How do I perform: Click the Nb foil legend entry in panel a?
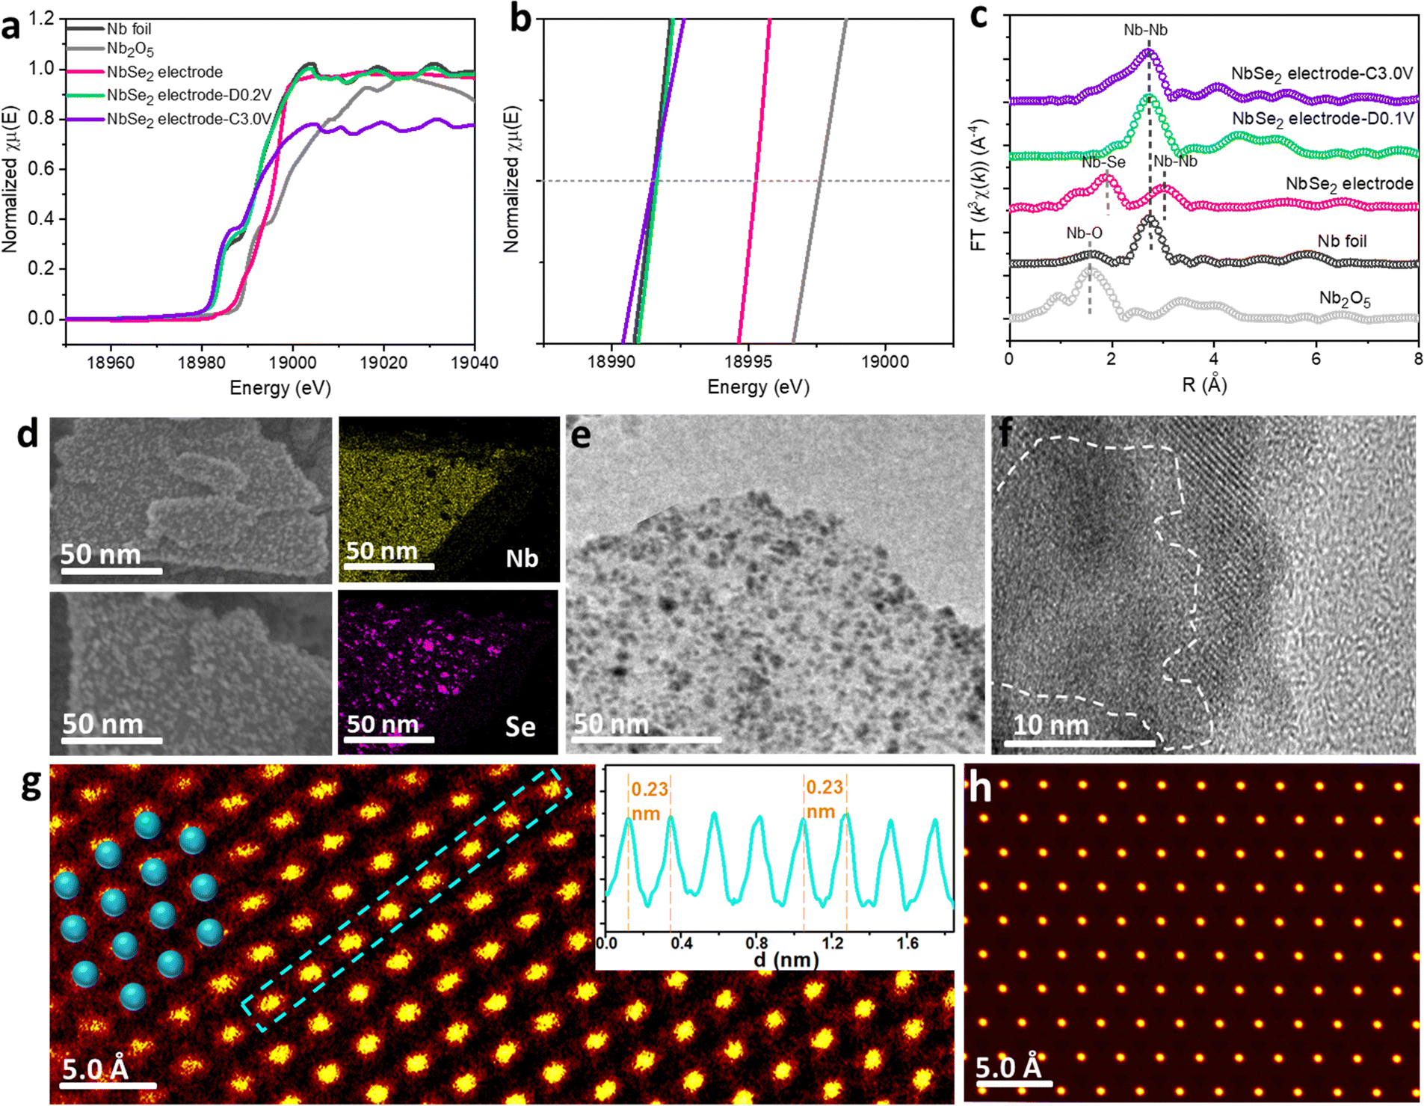pos(129,28)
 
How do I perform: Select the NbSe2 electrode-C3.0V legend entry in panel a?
pos(188,119)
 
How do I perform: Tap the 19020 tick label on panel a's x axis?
pos(383,363)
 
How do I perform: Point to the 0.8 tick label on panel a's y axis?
pos(41,118)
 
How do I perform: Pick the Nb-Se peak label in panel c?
pos(1103,162)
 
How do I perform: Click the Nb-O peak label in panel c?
pos(1084,233)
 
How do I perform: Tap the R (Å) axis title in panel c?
pos(1204,384)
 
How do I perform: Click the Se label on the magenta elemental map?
pos(520,726)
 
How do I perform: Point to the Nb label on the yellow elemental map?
pos(522,559)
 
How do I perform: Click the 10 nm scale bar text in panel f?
pos(1050,725)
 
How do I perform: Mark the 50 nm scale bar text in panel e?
pos(611,724)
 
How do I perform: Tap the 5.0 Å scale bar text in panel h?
pos(1008,1066)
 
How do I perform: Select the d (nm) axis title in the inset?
pos(785,959)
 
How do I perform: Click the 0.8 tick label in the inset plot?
pos(756,943)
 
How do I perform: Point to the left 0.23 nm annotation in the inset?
pos(648,801)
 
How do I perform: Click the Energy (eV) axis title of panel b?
pos(758,387)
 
